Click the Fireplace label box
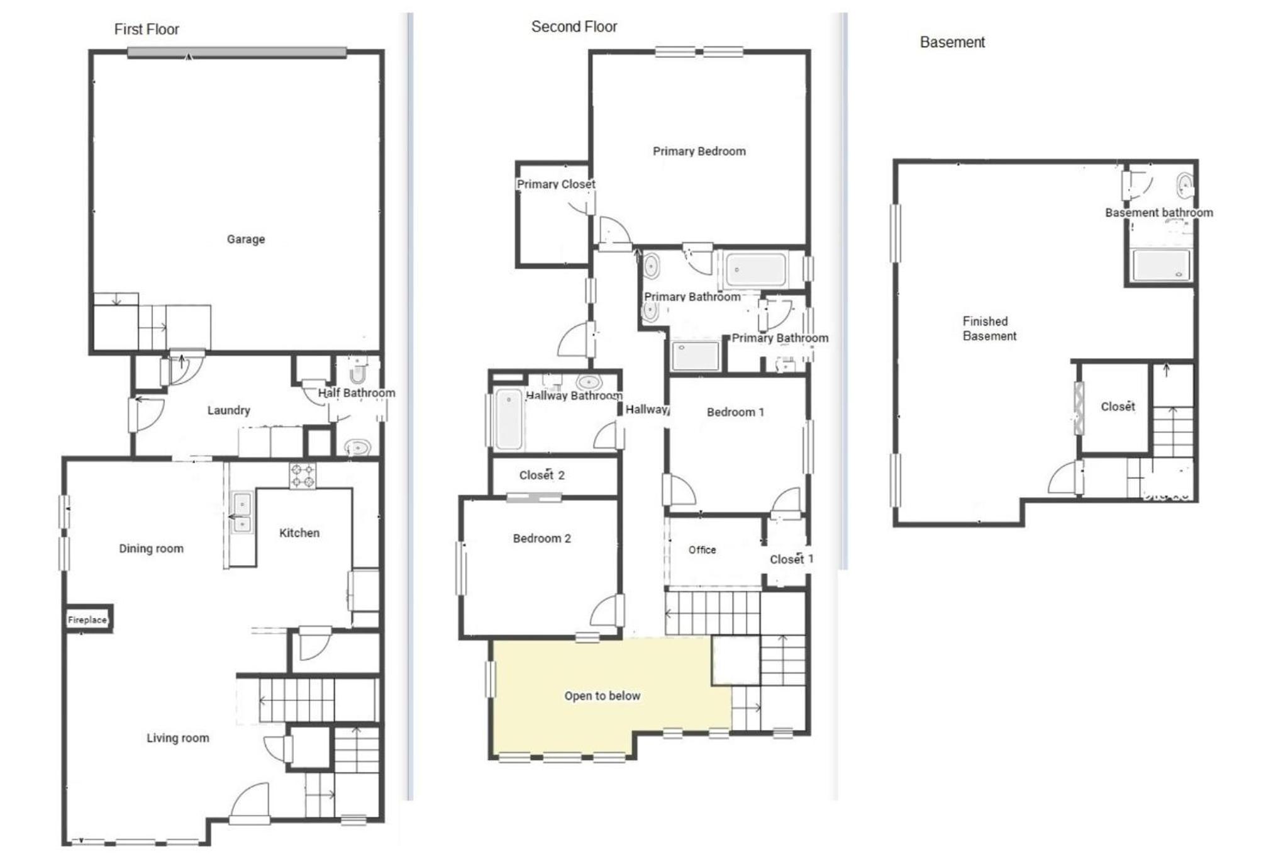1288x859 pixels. (87, 619)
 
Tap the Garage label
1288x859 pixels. (246, 239)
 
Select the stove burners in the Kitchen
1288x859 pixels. (303, 476)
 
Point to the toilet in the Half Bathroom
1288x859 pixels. (358, 371)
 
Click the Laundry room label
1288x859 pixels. (229, 410)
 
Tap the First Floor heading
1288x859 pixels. (147, 30)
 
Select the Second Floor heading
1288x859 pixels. (574, 26)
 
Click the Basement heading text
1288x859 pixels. (952, 42)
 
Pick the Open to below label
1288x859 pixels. (602, 695)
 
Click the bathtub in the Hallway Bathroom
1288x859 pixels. (509, 419)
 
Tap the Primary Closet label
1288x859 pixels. (556, 184)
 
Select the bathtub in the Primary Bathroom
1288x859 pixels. (756, 269)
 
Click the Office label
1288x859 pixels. (702, 549)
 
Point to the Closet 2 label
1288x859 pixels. (541, 475)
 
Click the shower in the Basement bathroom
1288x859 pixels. (1160, 265)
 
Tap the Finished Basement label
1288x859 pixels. (989, 328)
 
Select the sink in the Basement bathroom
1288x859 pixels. (1185, 186)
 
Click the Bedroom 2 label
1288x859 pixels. (541, 538)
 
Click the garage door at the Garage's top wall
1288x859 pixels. (237, 53)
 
